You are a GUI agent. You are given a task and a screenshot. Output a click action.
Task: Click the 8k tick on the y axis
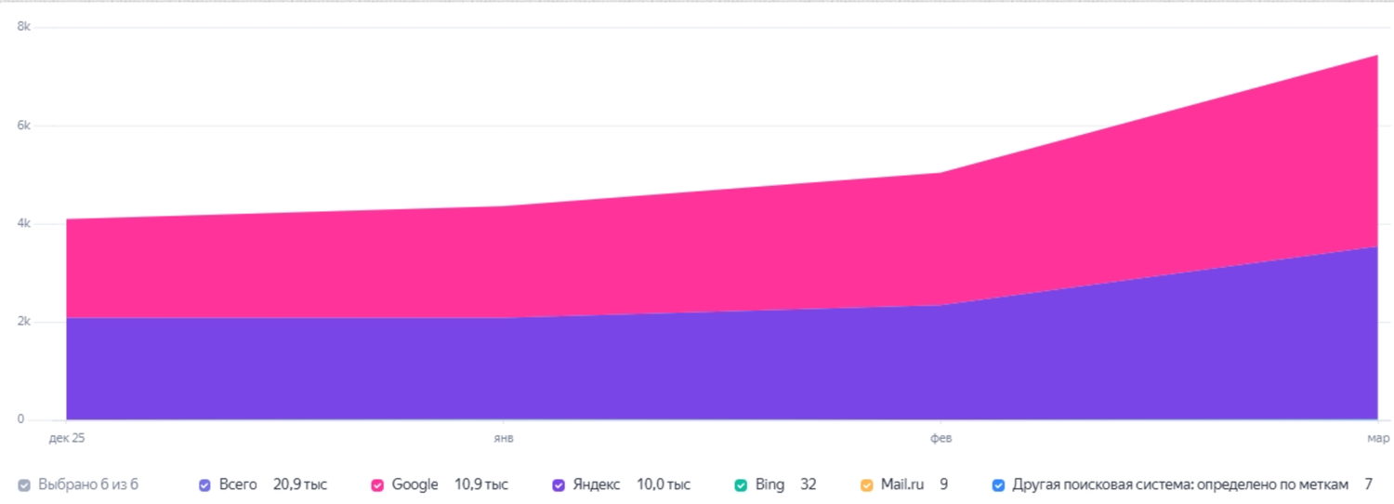pos(23,27)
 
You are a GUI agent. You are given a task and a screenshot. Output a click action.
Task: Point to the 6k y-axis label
pos(23,126)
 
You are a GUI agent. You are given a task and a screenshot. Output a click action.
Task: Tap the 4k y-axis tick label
pos(23,224)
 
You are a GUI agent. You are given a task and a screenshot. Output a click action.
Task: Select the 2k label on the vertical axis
pos(23,322)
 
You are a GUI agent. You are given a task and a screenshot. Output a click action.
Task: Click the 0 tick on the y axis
pos(21,419)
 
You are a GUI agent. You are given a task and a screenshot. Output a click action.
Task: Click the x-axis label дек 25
pos(67,438)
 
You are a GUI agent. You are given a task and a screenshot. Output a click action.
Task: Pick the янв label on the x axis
pos(504,438)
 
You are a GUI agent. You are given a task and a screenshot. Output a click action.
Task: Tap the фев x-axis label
pos(940,438)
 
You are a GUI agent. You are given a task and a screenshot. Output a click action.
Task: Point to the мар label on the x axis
pos(1378,438)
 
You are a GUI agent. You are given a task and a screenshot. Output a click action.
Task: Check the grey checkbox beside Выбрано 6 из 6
pos(23,485)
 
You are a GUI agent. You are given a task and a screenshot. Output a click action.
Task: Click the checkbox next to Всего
pos(204,485)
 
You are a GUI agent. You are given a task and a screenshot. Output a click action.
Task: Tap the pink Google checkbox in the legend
pos(377,485)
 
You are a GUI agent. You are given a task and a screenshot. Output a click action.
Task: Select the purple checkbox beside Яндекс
pos(559,485)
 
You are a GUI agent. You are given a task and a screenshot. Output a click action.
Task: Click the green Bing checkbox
pos(741,485)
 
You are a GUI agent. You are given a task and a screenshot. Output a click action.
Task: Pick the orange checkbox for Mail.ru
pos(866,485)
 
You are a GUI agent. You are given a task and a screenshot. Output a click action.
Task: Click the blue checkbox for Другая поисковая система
pos(998,485)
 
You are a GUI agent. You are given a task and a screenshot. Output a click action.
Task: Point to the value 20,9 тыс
pos(300,484)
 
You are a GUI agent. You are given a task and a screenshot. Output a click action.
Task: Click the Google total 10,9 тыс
pos(481,484)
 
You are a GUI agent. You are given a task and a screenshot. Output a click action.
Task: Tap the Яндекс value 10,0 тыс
pos(664,484)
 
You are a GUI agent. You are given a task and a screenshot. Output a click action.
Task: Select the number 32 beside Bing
pos(808,484)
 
